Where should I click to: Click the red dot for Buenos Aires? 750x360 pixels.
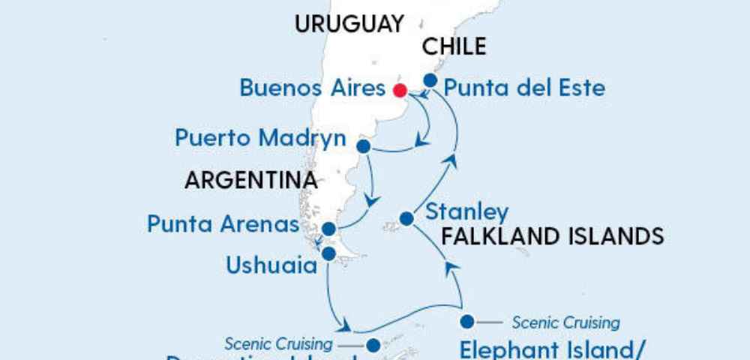click(400, 90)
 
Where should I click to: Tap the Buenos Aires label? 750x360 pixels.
click(312, 88)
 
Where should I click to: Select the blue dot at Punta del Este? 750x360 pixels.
click(430, 79)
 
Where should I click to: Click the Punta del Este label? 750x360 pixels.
click(524, 88)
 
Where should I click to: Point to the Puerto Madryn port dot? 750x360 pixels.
click(363, 146)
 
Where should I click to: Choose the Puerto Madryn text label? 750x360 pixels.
click(260, 139)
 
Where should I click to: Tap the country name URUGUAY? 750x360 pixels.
click(349, 24)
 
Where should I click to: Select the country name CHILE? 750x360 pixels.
click(454, 47)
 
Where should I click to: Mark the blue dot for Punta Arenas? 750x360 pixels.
click(328, 229)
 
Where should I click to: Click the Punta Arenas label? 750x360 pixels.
click(223, 224)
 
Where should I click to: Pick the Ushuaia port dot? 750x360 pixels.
click(328, 254)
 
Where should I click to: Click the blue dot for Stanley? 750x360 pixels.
click(406, 219)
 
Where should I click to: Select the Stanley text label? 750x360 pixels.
click(466, 212)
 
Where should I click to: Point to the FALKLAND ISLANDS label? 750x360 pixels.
click(553, 237)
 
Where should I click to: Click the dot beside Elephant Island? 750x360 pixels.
click(467, 322)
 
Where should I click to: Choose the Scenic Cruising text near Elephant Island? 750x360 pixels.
click(566, 323)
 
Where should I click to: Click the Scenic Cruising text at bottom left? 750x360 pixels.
click(278, 345)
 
